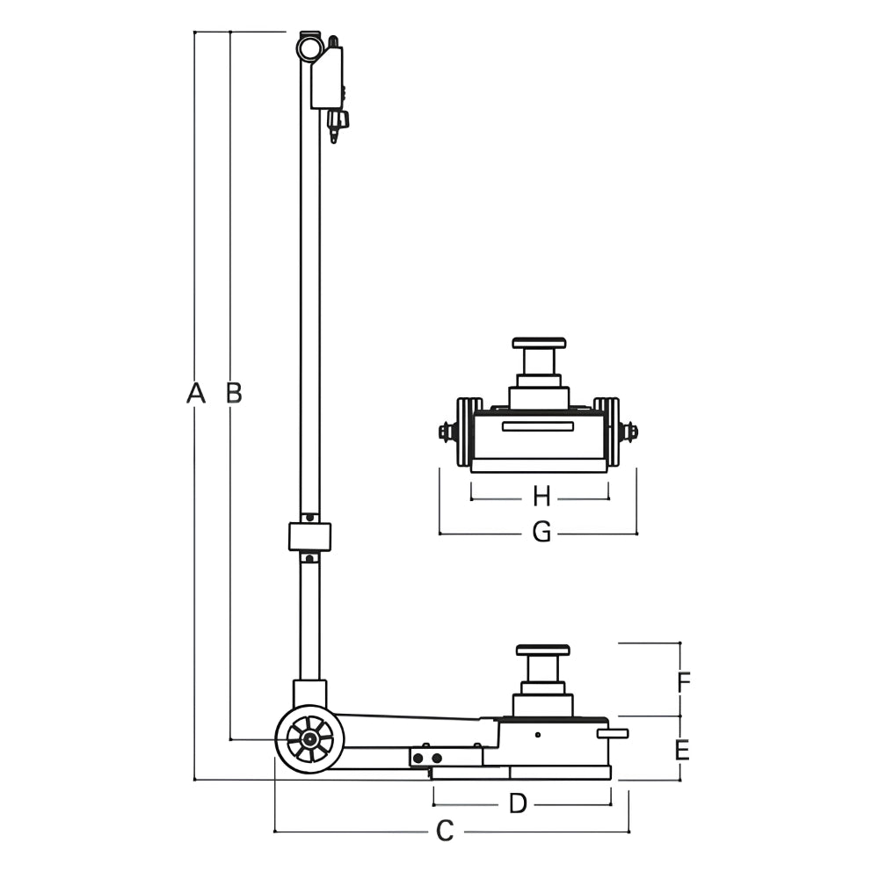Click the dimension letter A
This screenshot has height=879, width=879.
[x=196, y=393]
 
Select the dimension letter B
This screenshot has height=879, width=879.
[x=234, y=393]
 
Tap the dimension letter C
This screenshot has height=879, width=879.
[x=445, y=832]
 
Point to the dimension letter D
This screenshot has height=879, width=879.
[x=518, y=804]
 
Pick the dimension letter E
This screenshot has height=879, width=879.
[x=682, y=750]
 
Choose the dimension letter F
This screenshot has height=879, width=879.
[x=683, y=682]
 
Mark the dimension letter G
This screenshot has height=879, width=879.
[x=541, y=532]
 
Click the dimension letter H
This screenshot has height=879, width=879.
[x=541, y=497]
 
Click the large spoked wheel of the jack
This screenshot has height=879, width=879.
[x=310, y=739]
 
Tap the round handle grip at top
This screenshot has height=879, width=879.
[x=309, y=48]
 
